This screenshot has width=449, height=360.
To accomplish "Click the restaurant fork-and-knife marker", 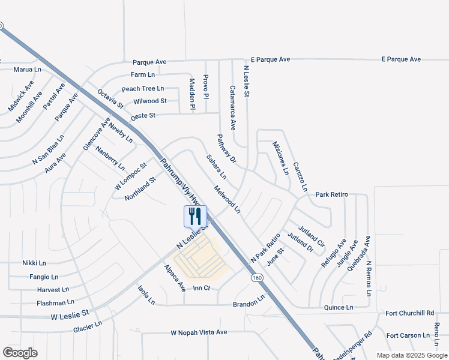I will (x=195, y=215).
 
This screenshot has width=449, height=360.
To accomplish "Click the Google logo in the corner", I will (x=20, y=353).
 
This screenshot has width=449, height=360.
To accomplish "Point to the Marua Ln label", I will (x=28, y=70).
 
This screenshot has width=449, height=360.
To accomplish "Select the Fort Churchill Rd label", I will (x=410, y=313).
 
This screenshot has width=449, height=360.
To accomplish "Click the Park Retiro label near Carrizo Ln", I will (x=332, y=195).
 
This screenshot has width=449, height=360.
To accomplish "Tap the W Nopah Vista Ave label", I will (x=199, y=332).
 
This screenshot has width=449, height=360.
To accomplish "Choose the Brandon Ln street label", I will (x=249, y=301).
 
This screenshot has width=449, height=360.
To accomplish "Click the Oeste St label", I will (x=143, y=115).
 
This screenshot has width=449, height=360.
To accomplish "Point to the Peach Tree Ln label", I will (x=143, y=89).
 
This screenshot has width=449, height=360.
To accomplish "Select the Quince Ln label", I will (x=339, y=307).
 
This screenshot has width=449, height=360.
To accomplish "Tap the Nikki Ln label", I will (x=34, y=263).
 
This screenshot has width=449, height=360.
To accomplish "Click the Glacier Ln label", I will (x=88, y=326).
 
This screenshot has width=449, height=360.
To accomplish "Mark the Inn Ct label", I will (x=202, y=289).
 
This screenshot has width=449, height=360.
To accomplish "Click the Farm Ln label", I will (x=143, y=74).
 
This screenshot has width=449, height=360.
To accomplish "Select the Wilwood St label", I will (x=150, y=101).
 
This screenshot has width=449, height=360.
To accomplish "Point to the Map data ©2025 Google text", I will (x=411, y=355).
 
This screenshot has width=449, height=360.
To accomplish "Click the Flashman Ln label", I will (x=55, y=302).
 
